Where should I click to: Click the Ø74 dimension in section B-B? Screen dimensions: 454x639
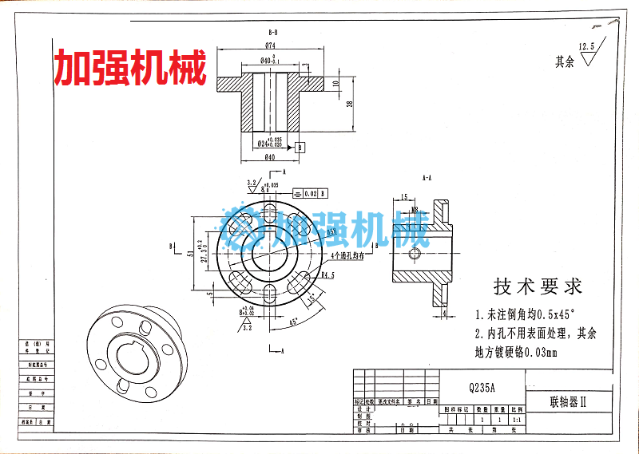[x=270, y=45]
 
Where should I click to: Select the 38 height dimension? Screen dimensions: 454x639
[x=349, y=104]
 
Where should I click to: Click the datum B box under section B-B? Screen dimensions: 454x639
[x=300, y=148]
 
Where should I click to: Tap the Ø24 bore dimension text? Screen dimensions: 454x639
[x=268, y=143]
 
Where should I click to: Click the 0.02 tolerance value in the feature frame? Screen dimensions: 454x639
[x=310, y=193]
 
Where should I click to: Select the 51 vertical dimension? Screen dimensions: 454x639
[x=190, y=254]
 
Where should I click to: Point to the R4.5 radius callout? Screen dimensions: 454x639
[x=326, y=275]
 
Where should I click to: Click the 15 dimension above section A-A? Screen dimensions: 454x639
[x=404, y=197]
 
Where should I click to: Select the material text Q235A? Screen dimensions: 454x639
[x=482, y=387]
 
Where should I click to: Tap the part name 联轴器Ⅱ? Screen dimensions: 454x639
[x=568, y=402]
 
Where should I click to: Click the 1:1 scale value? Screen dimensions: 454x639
[x=515, y=419]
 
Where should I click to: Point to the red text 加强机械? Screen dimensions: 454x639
[x=130, y=69]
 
